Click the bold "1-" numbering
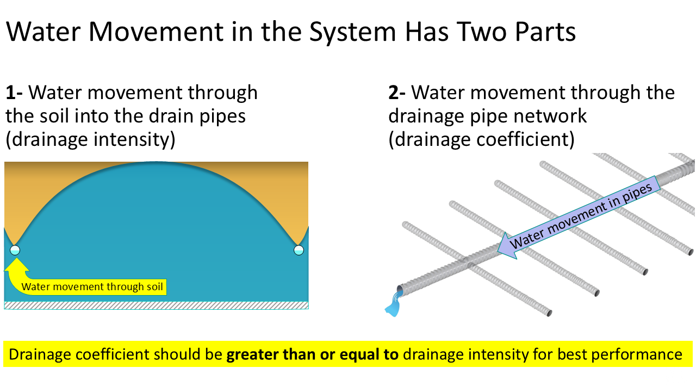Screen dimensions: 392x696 coord(15,93)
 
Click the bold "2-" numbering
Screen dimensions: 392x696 coord(397,93)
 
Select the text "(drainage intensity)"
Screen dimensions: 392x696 coord(90,140)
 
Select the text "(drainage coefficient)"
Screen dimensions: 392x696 coord(481,140)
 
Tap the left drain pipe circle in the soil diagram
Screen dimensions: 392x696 coord(15,250)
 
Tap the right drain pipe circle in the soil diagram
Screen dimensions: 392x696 coord(299,250)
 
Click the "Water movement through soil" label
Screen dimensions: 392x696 coord(92,286)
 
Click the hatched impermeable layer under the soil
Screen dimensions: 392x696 coord(156,305)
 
